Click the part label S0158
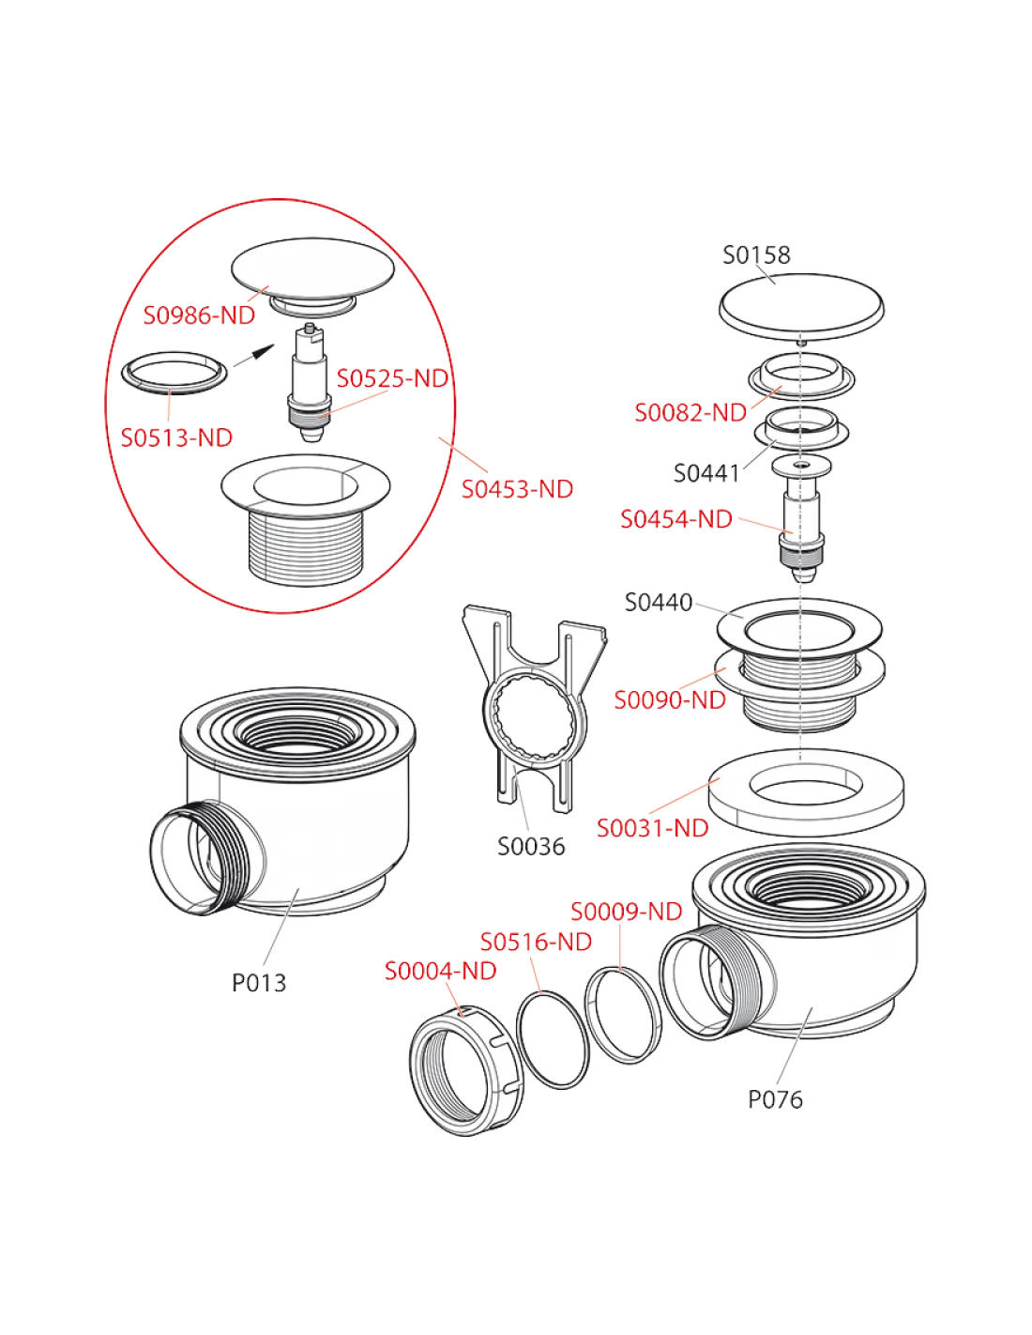pyautogui.click(x=756, y=255)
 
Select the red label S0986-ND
pyautogui.click(x=199, y=315)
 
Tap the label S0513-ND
pyautogui.click(x=176, y=438)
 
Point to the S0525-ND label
pyautogui.click(x=392, y=378)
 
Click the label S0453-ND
pyautogui.click(x=517, y=489)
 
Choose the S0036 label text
pyautogui.click(x=531, y=847)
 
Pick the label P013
pyautogui.click(x=258, y=983)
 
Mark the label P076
pyautogui.click(x=775, y=1099)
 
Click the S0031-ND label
pyautogui.click(x=653, y=828)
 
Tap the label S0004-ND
pyautogui.click(x=440, y=971)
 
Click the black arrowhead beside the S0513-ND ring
pyautogui.click(x=264, y=351)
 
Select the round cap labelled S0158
pyautogui.click(x=801, y=306)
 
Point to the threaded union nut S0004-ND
pyautogui.click(x=466, y=1070)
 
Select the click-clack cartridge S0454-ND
pyautogui.click(x=801, y=521)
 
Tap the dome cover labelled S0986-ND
pyautogui.click(x=312, y=269)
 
